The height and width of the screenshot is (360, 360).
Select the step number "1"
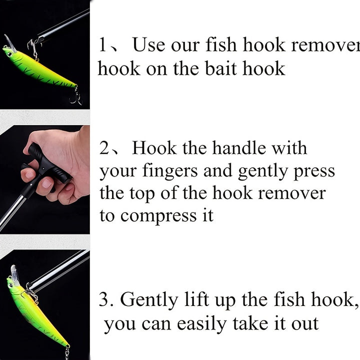(102, 45)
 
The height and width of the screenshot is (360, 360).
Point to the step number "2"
(104, 148)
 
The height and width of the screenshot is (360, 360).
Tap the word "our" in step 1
(186, 45)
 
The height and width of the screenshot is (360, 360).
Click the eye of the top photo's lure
(7, 49)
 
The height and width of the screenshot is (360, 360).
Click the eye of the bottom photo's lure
(10, 285)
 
